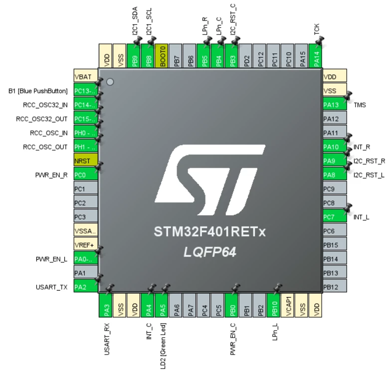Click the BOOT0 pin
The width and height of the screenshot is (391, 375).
pos(162,56)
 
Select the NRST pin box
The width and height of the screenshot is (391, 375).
pos(86,161)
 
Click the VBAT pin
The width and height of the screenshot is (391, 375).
pos(86,76)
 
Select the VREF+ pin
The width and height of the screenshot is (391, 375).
pos(86,245)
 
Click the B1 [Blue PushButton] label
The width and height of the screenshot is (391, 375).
pos(38,91)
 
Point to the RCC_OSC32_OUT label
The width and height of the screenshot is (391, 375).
pos(42,119)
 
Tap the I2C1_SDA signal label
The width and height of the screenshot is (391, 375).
pos(135,21)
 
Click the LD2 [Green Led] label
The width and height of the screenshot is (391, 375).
pos(163,346)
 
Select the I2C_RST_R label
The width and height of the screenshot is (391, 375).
pos(369,161)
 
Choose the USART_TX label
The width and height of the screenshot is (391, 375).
pos(52,287)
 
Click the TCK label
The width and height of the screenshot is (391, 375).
pos(317,29)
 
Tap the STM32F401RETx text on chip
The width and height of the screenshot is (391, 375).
pos(209,232)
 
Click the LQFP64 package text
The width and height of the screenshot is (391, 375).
pos(210,252)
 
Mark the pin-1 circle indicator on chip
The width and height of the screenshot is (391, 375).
pos(110,82)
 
